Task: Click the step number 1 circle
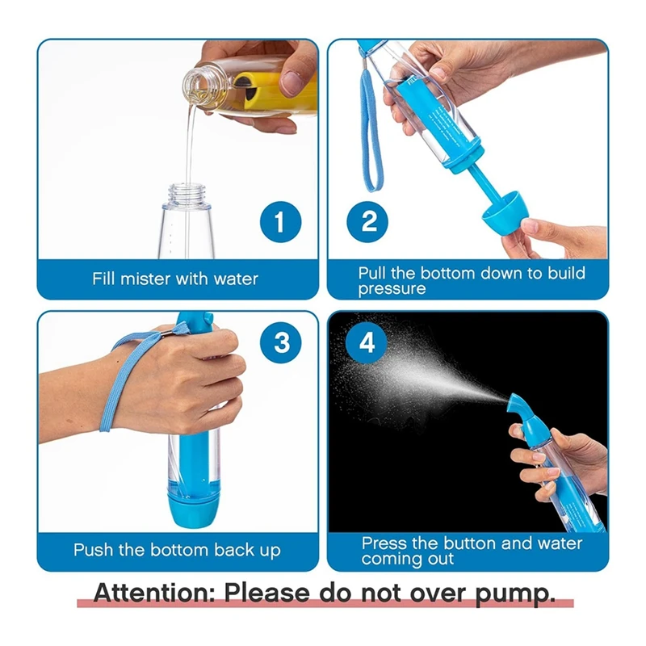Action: tap(279, 221)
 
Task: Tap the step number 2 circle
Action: tap(369, 221)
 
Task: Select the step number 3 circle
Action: tap(281, 342)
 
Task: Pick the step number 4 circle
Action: tap(367, 342)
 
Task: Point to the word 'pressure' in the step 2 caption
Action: tap(392, 288)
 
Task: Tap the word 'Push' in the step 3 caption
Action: tap(92, 550)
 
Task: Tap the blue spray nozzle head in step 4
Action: tap(520, 408)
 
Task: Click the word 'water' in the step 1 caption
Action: tap(236, 279)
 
